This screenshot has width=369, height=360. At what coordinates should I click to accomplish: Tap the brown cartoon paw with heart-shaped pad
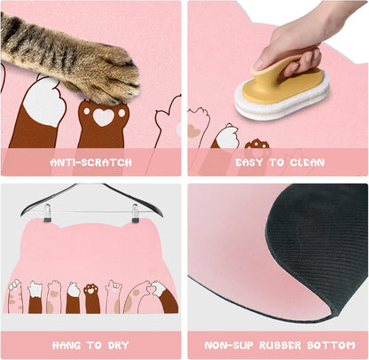click(x=103, y=119)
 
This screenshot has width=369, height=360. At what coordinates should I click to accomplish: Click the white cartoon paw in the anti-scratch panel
click(x=43, y=102)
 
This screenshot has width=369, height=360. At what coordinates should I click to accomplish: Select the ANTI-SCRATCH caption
click(x=91, y=163)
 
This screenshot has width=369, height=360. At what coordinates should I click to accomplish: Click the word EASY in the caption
click(x=251, y=163)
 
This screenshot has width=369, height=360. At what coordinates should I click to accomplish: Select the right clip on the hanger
click(x=136, y=213)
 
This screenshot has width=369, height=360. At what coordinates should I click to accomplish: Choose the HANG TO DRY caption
click(x=91, y=345)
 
